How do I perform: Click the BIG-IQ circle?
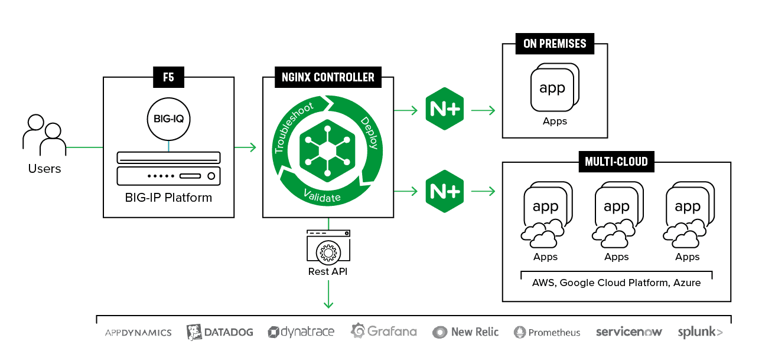pos(168,117)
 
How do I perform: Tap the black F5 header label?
pos(168,76)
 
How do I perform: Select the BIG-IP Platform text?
pos(168,198)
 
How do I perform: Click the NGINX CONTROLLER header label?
pos(328,77)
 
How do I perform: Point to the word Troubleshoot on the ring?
pos(293,127)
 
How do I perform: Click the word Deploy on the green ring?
pos(369,133)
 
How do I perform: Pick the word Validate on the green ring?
pos(322,195)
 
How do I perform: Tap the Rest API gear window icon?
pos(328,248)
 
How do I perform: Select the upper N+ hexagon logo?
pos(445,109)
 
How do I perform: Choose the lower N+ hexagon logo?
pos(445,191)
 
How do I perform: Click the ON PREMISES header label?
pos(555,44)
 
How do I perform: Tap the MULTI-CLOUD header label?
pos(616,162)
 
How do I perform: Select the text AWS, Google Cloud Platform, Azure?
pos(616,283)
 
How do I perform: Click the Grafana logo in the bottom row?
pos(384,332)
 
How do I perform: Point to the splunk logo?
pos(701,332)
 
